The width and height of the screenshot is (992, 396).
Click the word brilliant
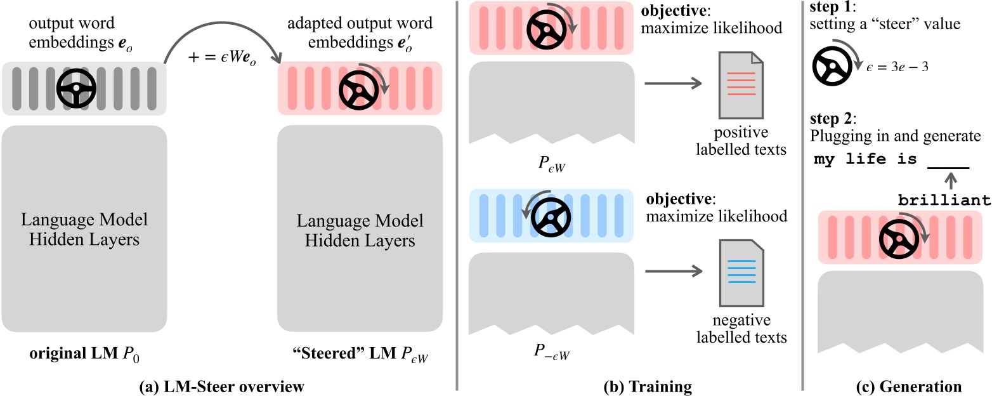click(944, 201)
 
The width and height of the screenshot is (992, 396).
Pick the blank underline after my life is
click(948, 166)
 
